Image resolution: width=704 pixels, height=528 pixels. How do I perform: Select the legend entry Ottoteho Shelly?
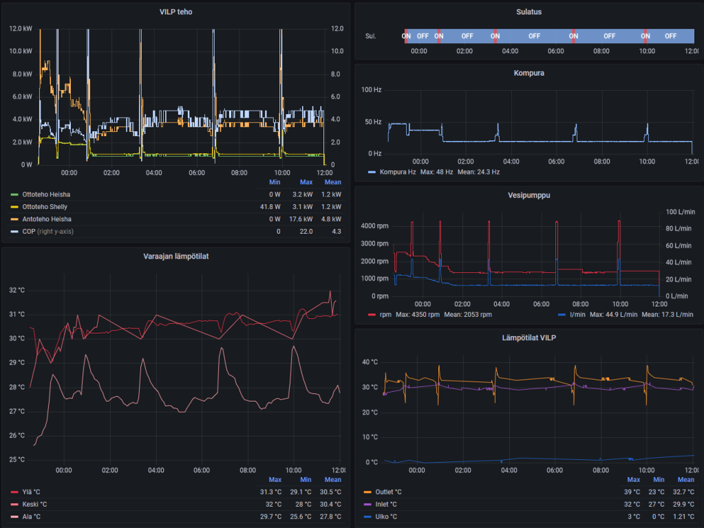coord(45,207)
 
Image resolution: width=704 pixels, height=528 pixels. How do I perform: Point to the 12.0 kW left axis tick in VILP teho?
coord(21,29)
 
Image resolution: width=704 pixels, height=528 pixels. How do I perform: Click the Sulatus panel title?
coord(529,12)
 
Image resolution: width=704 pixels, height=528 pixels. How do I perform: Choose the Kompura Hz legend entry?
coord(396,172)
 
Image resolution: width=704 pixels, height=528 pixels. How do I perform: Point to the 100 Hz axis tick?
coord(372,90)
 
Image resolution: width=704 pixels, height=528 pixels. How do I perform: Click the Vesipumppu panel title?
coord(529,195)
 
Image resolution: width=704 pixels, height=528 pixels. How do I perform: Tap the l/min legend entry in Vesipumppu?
coord(578,314)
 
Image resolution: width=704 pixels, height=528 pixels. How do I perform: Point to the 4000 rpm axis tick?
coord(375,226)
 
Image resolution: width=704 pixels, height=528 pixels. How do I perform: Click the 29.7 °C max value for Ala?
coord(270,517)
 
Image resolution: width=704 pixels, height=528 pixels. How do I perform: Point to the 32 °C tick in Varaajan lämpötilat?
coord(17,290)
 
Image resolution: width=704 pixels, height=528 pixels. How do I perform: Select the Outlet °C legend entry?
coord(387,492)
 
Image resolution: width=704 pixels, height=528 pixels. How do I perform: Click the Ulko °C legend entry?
coord(385,517)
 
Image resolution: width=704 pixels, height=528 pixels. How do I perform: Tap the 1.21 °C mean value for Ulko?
coord(684,517)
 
